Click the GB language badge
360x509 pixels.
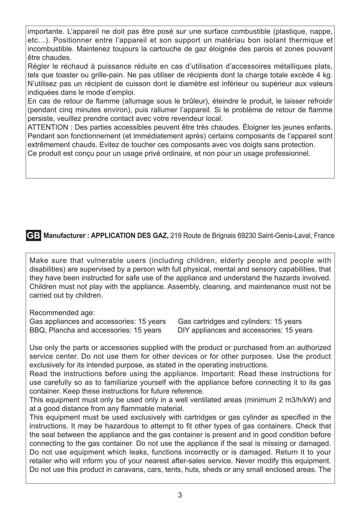click(x=34, y=236)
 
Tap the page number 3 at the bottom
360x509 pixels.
click(x=180, y=495)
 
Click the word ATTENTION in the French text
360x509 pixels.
click(x=47, y=127)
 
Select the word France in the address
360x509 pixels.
click(x=324, y=236)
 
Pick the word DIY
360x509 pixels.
click(x=184, y=330)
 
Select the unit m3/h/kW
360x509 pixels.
click(x=301, y=400)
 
